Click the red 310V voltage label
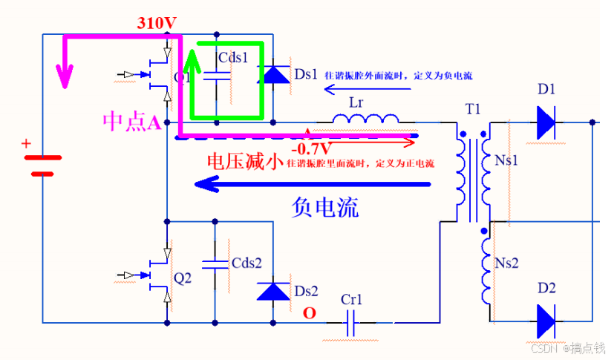(157, 23)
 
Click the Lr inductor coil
(365, 120)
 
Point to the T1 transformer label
(473, 109)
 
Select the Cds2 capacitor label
(246, 263)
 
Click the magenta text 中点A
(132, 122)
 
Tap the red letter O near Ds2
(309, 313)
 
